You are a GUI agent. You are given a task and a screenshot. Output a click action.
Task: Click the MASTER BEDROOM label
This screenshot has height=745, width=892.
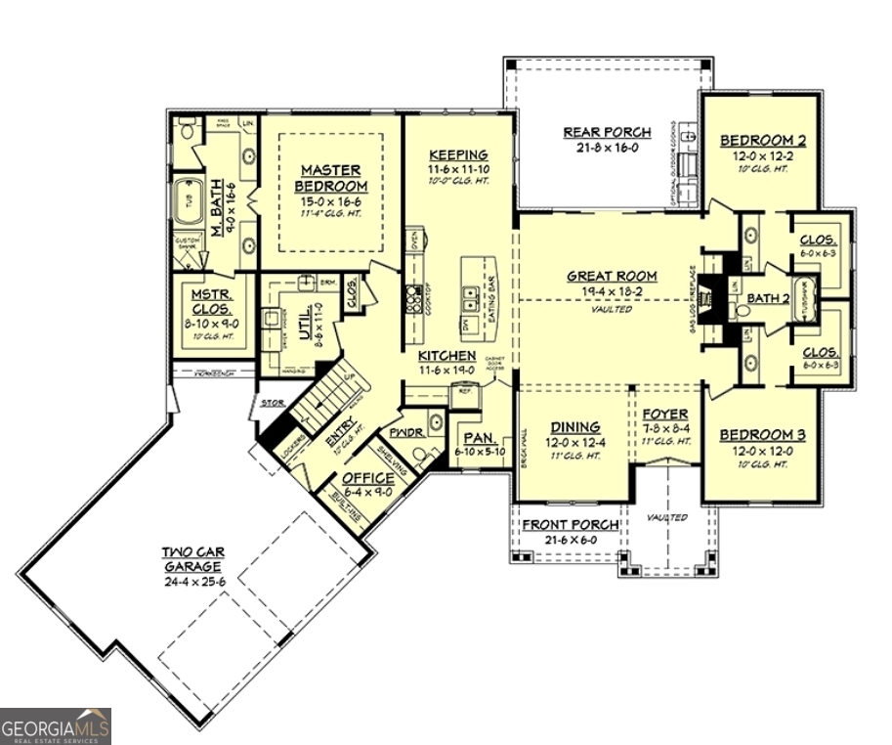tap(331, 178)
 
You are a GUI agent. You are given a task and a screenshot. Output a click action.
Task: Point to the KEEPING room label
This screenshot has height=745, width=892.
tap(458, 154)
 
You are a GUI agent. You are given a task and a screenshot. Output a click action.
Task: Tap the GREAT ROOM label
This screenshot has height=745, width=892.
tap(612, 276)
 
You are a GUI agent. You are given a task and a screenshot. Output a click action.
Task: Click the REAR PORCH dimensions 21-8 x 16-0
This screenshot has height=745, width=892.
tap(601, 148)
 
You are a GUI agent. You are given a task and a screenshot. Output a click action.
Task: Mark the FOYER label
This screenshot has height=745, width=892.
tap(665, 415)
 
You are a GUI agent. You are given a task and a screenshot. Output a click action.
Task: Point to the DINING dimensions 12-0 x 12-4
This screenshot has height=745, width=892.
tap(575, 442)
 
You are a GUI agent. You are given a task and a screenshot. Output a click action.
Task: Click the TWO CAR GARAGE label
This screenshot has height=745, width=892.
tap(191, 559)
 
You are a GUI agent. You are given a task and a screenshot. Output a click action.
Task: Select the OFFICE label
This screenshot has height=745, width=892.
tap(368, 478)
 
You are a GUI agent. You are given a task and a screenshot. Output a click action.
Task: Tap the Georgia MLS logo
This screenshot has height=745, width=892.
tap(56, 726)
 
